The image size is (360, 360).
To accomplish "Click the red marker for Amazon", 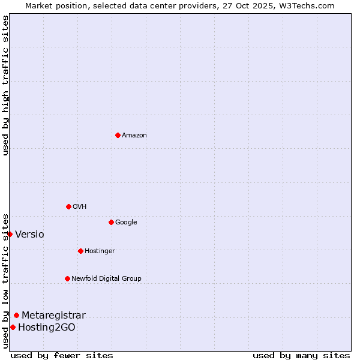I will tap(118, 135).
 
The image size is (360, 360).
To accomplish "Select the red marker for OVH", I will tap(68, 206).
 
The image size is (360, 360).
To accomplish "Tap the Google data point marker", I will tap(111, 222).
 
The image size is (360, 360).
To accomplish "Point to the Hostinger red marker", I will tap(80, 251).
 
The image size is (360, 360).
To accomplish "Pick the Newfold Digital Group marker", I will tap(67, 278).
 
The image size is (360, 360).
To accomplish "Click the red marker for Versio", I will tap(10, 234).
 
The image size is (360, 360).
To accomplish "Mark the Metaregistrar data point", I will tap(16, 315).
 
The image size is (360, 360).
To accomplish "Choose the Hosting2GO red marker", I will tap(13, 327).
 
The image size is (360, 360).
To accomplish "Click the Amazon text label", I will tap(134, 136).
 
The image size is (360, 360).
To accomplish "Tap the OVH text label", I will tap(80, 207).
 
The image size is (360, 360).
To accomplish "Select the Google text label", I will tap(126, 223).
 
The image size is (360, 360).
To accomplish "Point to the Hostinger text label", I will tap(100, 251).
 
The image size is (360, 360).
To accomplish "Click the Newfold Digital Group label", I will tap(106, 279).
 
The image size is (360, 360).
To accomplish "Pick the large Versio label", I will tap(29, 235).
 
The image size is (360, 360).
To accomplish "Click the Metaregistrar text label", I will tap(53, 316).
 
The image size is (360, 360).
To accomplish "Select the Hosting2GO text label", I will tap(47, 328).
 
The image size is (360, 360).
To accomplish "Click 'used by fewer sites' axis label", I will tap(62, 356).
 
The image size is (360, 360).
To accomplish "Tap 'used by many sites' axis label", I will tap(301, 356).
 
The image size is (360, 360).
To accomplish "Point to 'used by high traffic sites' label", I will tap(5, 85).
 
